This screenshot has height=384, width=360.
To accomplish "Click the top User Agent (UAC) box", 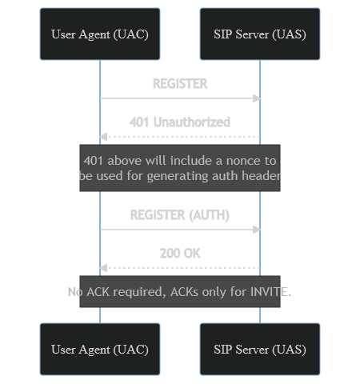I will click(100, 34).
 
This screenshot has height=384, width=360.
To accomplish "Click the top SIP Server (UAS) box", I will click(260, 34).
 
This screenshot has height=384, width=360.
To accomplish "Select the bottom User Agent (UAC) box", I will click(100, 350).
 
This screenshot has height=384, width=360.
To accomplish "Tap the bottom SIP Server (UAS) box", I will click(260, 350).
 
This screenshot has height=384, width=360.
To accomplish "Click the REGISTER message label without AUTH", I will click(180, 84).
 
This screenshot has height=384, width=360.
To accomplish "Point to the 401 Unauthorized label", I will click(180, 122).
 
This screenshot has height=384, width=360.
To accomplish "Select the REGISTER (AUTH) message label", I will click(180, 215).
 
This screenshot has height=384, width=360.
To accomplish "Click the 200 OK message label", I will click(180, 254).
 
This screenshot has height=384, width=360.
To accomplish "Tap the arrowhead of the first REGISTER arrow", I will click(257, 98).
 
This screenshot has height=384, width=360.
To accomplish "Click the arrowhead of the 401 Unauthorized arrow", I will click(103, 137).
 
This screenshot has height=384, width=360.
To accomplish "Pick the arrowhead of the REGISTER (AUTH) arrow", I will click(257, 230).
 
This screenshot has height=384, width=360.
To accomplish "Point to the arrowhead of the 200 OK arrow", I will click(103, 268).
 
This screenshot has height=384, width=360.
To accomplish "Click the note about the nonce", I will click(180, 168).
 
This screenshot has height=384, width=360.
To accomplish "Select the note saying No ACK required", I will click(180, 292).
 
